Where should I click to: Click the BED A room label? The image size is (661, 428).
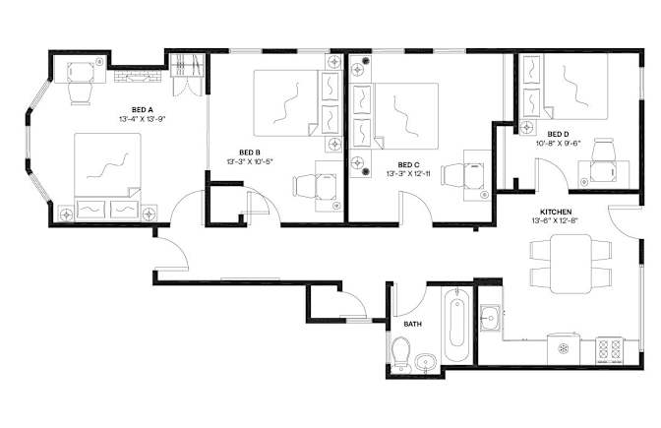click(142, 110)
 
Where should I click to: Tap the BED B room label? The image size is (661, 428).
click(250, 153)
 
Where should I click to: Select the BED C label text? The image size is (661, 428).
click(408, 165)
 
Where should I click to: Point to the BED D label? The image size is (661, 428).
click(558, 134)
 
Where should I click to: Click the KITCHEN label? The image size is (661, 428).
click(556, 212)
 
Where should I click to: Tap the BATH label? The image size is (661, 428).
click(413, 324)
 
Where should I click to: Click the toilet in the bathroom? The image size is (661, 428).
click(400, 354)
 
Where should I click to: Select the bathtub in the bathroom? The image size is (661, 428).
click(457, 325)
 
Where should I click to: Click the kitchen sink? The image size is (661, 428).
click(490, 317)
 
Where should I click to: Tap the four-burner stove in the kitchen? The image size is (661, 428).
click(610, 351)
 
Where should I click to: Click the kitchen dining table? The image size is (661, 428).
click(571, 264)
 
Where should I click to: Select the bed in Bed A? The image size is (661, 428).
click(107, 176)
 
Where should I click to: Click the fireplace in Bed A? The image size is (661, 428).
click(138, 76)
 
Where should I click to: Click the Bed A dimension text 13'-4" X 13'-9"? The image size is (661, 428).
click(142, 119)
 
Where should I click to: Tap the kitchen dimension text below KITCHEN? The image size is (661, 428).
click(556, 220)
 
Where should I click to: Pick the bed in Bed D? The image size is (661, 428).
click(566, 87)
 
